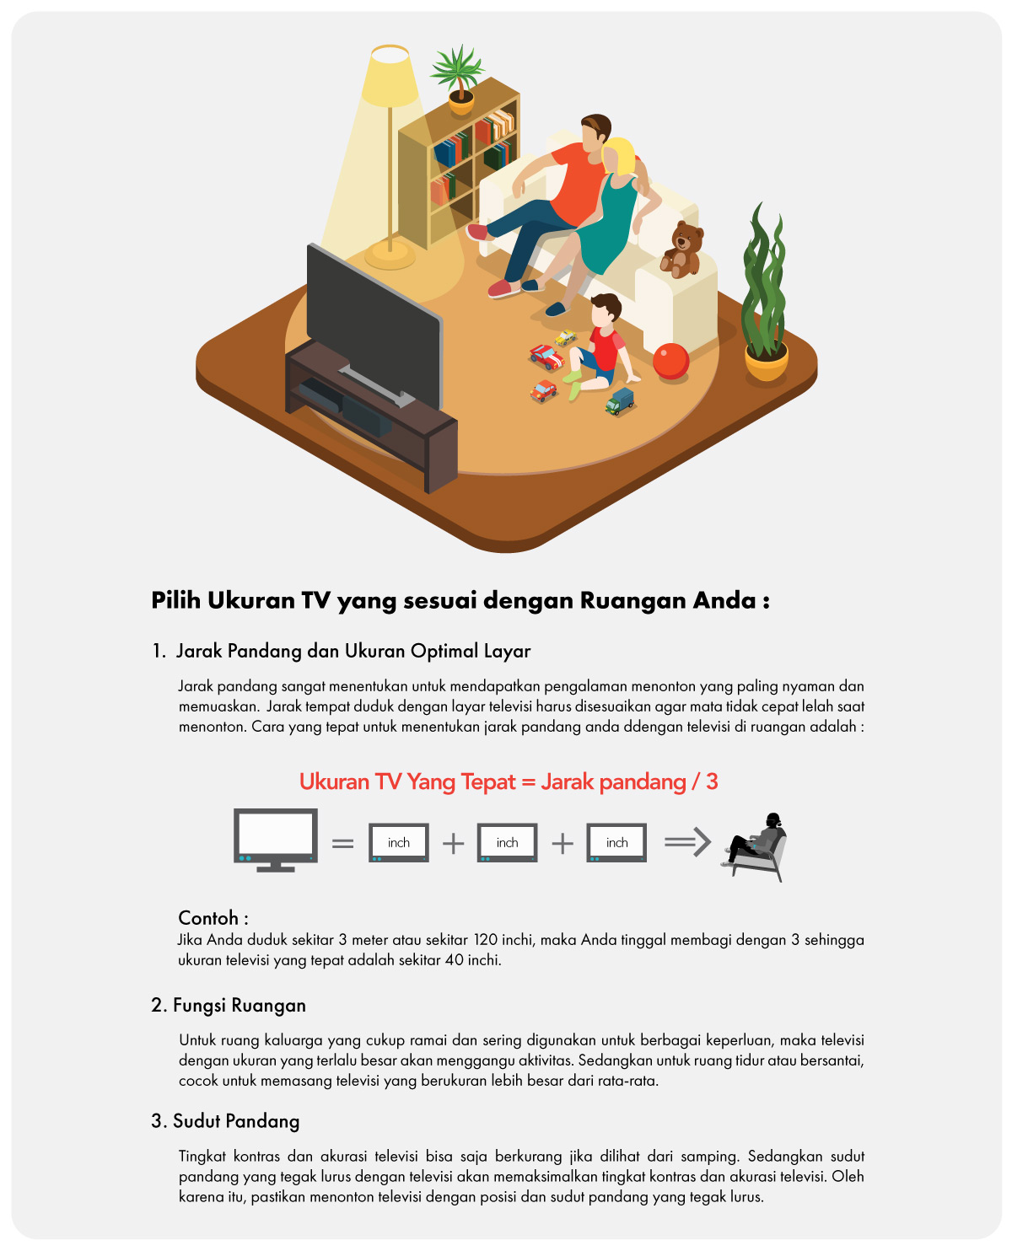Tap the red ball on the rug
670,360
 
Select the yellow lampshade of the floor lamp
389,77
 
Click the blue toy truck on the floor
619,400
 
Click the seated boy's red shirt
606,349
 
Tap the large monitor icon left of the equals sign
275,839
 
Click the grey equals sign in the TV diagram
342,843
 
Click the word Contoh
208,917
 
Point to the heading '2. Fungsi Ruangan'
228,1005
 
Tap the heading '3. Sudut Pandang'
225,1120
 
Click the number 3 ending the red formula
711,781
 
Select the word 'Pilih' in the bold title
176,600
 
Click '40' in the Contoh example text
454,959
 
